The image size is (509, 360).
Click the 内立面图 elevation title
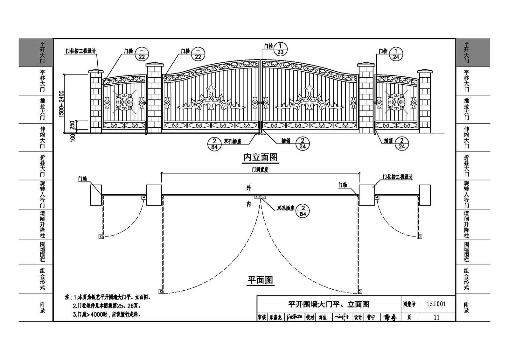(261, 157)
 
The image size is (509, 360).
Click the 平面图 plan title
(261, 280)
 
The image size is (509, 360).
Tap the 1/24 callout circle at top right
(396, 54)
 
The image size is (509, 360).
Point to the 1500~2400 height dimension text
(62, 103)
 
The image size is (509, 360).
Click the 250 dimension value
(72, 125)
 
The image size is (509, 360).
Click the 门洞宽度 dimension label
(260, 170)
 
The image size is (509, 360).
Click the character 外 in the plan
(249, 188)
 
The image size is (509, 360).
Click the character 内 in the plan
(249, 204)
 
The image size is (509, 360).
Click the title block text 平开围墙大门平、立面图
(329, 304)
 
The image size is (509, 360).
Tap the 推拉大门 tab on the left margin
(42, 109)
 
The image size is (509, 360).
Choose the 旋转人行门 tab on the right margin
(466, 194)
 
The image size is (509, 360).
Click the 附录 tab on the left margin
(42, 307)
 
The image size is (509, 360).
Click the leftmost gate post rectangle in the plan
(96, 195)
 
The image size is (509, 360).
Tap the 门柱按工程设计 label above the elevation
(81, 51)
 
